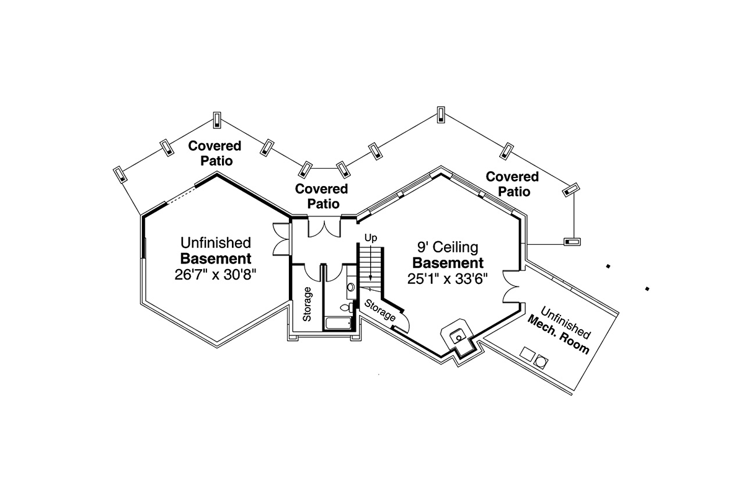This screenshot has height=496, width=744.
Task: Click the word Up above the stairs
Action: coord(371,237)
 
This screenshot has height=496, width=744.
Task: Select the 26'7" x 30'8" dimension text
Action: coord(216,275)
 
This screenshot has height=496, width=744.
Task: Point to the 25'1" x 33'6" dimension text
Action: coord(448,279)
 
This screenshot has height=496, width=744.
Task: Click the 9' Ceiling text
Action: coord(448,247)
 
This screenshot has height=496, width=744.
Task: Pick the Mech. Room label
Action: coord(558,335)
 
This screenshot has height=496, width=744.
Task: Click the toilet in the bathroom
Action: coord(347,308)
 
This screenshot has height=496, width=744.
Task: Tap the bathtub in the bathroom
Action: coord(338,323)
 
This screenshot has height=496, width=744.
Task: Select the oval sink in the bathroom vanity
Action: coord(351,286)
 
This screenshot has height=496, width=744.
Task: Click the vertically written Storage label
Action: coord(308,304)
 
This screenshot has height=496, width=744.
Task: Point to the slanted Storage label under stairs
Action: coord(380,311)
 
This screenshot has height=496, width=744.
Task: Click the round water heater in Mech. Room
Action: coord(541,362)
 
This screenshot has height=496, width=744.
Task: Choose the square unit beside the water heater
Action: coord(528,354)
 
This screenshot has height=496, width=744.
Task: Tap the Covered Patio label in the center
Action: coord(322,196)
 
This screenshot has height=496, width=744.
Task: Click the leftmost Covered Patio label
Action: coord(215,153)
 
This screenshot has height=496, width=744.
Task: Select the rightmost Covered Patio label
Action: coord(513,184)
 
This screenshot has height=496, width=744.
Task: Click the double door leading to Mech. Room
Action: coord(511,286)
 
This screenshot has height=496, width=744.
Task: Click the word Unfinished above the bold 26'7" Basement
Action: coord(216,243)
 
